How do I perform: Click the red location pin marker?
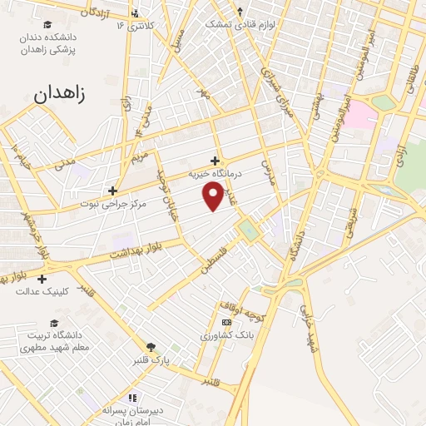tap(214, 195)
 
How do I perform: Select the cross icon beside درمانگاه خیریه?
tap(215, 161)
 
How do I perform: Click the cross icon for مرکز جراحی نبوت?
tap(112, 190)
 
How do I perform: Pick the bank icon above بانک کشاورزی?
tap(225, 322)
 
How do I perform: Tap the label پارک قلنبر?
tap(151, 360)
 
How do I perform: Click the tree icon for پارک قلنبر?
tap(151, 348)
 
